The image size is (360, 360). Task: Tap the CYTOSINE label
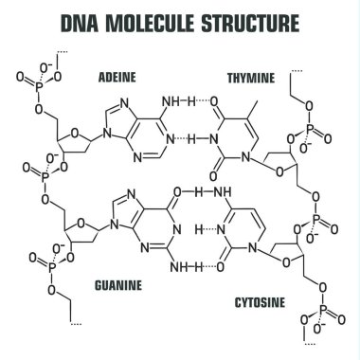tap(261, 303)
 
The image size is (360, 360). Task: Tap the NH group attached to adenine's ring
tap(176, 100)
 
